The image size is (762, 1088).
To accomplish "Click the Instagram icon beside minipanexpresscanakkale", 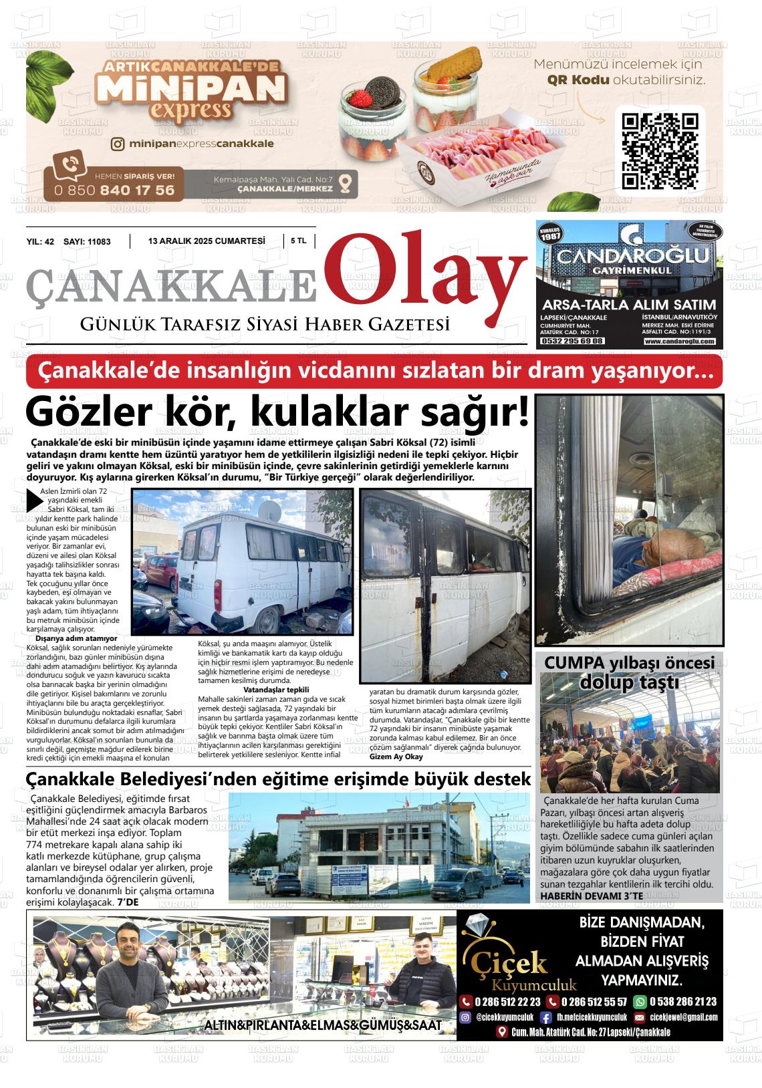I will pyautogui.click(x=118, y=144).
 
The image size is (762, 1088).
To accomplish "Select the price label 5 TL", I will pyautogui.click(x=299, y=241).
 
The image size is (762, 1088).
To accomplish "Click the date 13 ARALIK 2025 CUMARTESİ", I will pyautogui.click(x=207, y=241).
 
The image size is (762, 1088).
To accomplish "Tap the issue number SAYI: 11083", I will pyautogui.click(x=87, y=242).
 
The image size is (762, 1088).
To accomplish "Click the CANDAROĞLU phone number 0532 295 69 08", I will pyautogui.click(x=571, y=341).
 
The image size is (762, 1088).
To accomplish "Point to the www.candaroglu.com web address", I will pyautogui.click(x=679, y=341).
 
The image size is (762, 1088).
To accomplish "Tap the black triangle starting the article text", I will pyautogui.click(x=33, y=500).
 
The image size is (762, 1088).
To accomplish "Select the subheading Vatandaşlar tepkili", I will pyautogui.click(x=276, y=689).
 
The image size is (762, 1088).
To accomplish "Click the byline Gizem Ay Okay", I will pyautogui.click(x=396, y=757).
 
